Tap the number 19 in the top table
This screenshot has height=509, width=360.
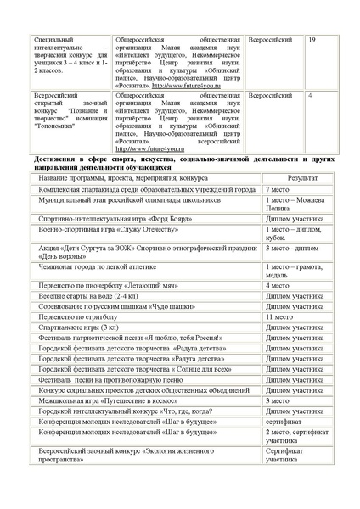click(312, 40)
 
